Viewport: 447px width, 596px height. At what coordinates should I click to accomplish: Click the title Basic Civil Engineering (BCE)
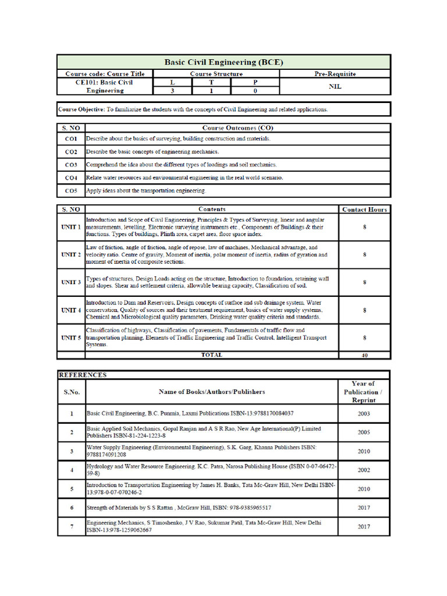click(x=223, y=62)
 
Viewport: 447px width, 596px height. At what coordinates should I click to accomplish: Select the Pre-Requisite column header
click(x=335, y=74)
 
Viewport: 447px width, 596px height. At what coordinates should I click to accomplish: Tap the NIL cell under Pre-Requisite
click(x=335, y=86)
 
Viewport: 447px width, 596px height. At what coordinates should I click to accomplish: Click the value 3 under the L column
click(x=172, y=91)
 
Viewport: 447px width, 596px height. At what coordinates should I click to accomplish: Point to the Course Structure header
click(x=216, y=74)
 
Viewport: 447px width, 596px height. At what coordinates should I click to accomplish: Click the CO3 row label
click(x=71, y=165)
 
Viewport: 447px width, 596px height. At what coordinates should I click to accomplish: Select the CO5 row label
click(x=71, y=190)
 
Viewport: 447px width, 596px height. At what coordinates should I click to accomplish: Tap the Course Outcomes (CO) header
click(x=237, y=127)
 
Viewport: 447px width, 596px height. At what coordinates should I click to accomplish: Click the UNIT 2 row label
click(x=71, y=255)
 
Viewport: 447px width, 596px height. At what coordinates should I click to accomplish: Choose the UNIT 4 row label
click(x=71, y=310)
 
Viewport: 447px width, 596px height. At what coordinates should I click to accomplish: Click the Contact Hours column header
click(x=364, y=209)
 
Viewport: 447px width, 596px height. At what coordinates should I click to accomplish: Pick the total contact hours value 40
click(x=364, y=355)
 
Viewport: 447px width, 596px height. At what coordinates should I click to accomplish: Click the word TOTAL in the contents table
click(x=211, y=355)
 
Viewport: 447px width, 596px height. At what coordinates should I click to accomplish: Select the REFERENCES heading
click(x=83, y=375)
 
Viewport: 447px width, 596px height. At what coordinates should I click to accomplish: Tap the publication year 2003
click(x=364, y=414)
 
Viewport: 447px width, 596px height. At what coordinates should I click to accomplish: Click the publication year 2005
click(x=364, y=432)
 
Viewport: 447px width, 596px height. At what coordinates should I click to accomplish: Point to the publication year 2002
click(x=364, y=470)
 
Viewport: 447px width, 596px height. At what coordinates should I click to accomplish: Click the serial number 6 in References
click(x=72, y=508)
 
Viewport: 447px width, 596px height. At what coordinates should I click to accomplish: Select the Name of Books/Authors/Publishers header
click(x=211, y=392)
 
